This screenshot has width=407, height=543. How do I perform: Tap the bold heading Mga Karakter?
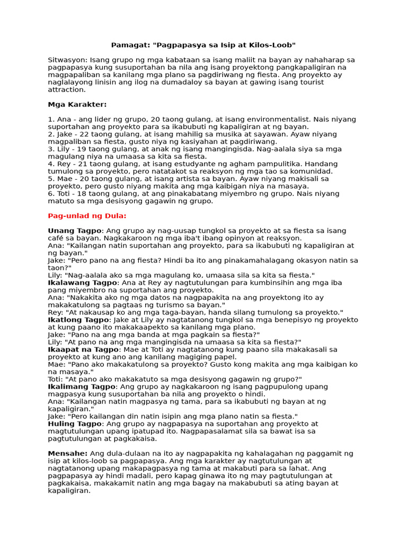(x=77, y=104)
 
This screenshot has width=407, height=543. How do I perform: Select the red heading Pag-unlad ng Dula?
(x=87, y=216)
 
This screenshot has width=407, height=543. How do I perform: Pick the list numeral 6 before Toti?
(x=50, y=194)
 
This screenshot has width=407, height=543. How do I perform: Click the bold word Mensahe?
(x=67, y=453)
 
